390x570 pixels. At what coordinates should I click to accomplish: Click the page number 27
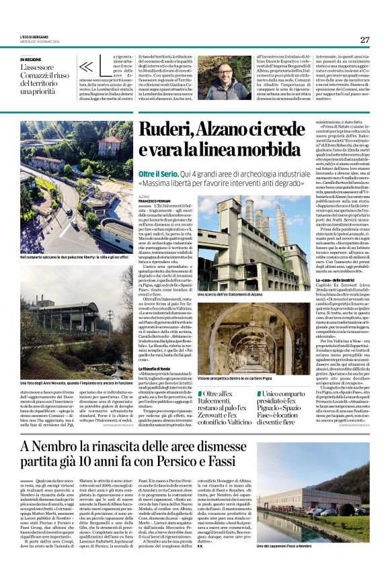(x=364, y=40)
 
